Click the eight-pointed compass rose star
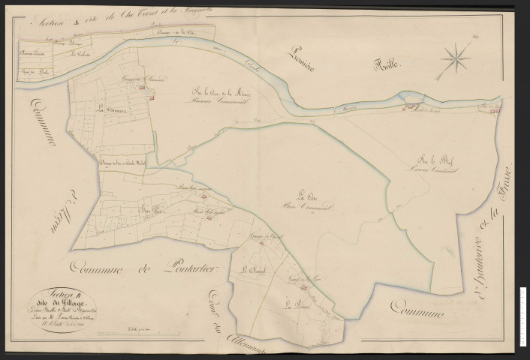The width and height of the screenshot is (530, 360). coord(456,57)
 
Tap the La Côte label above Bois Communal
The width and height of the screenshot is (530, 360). coord(306,193)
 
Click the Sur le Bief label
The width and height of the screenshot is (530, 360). coord(432,161)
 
